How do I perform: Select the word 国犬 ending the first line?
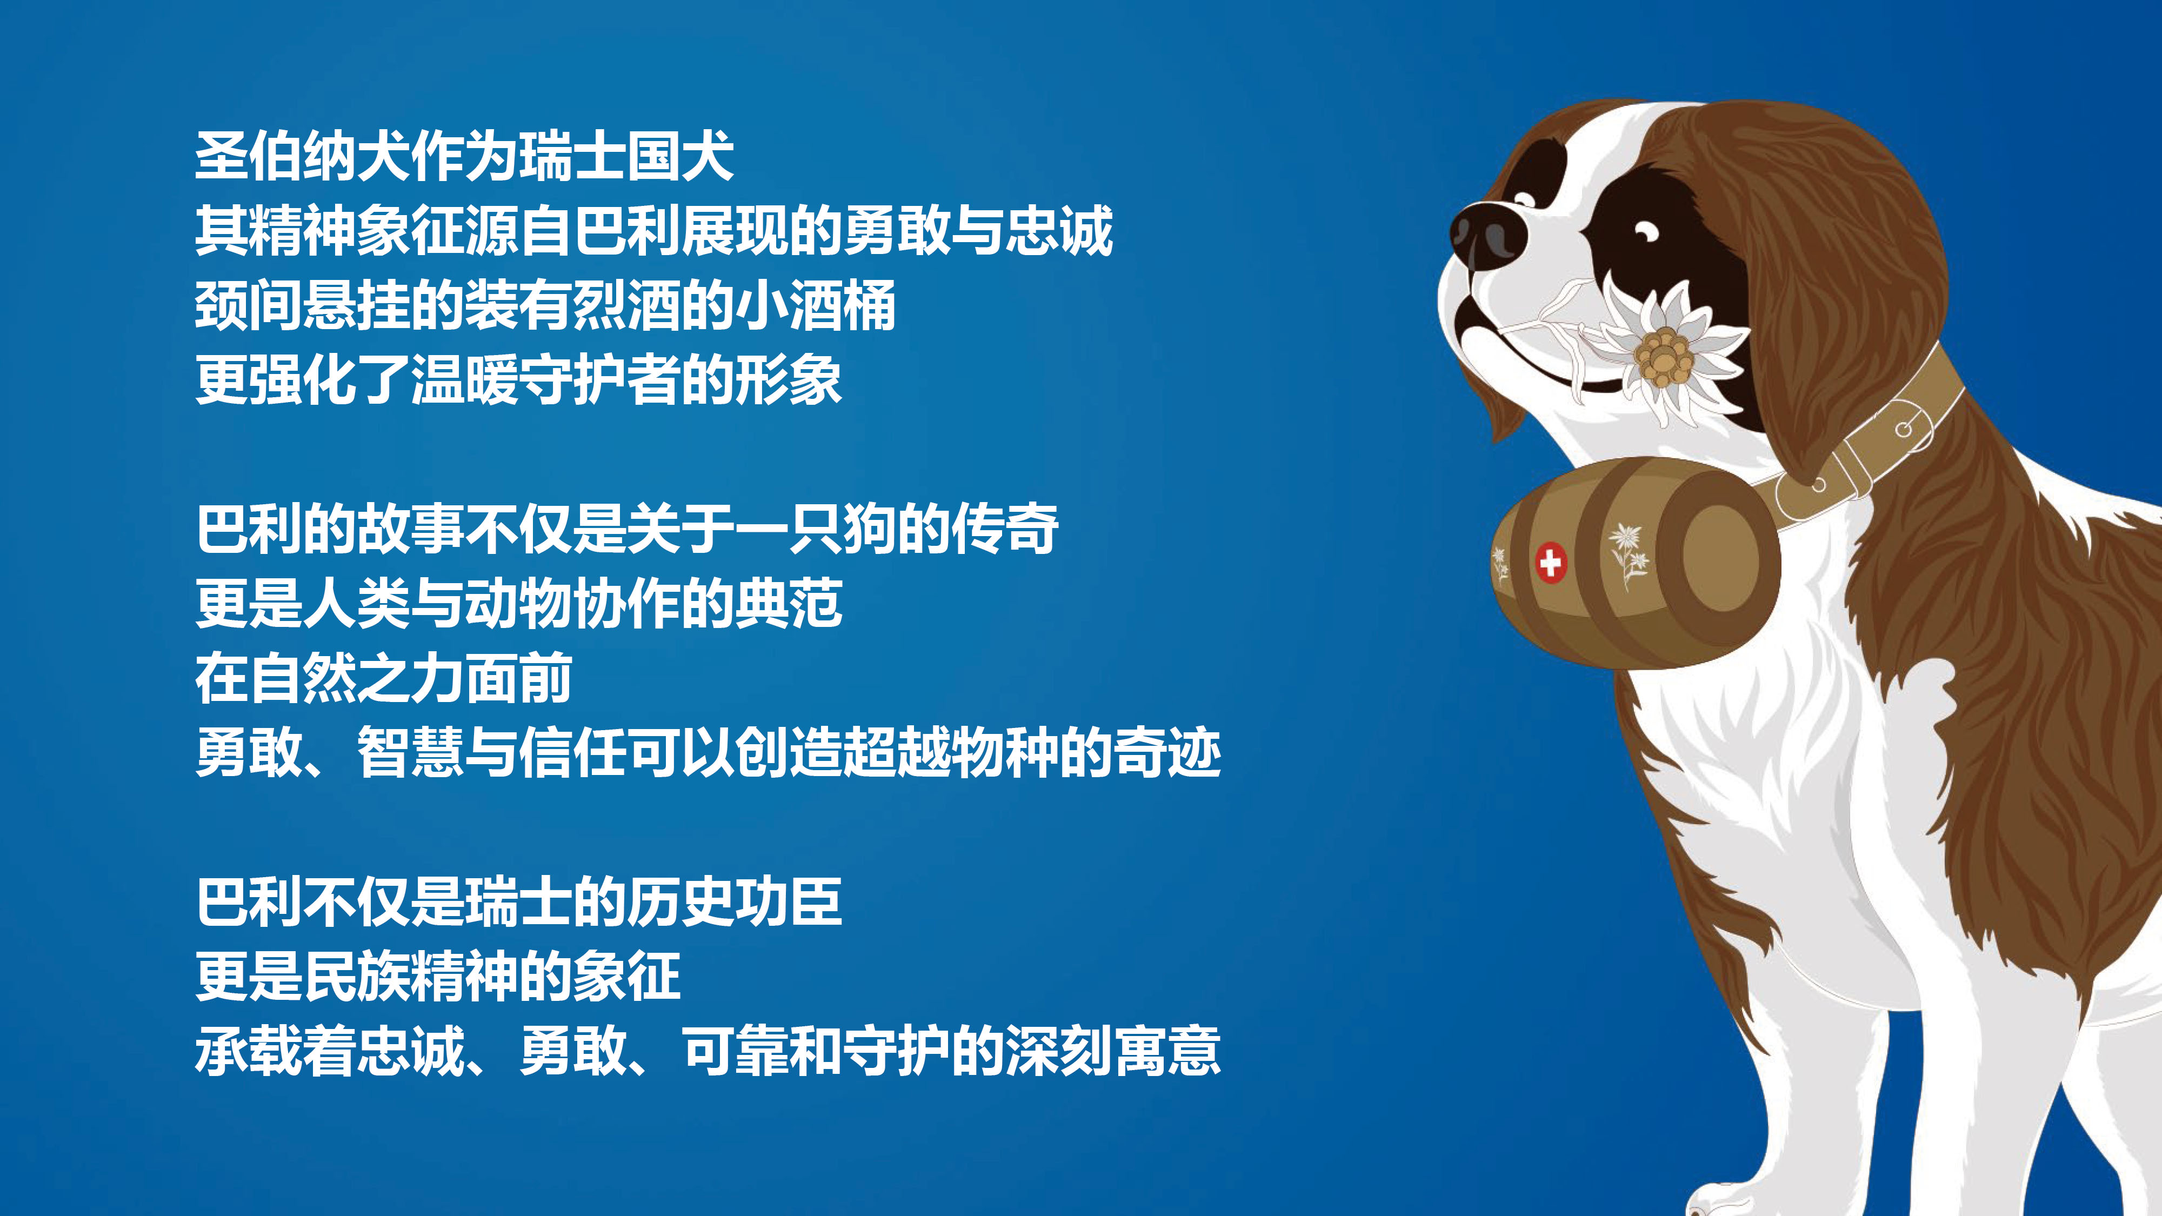pyautogui.click(x=680, y=156)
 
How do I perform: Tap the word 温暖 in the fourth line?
pyautogui.click(x=464, y=380)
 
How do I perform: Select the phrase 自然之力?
pyautogui.click(x=357, y=678)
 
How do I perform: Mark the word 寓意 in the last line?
pyautogui.click(x=1166, y=1051)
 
